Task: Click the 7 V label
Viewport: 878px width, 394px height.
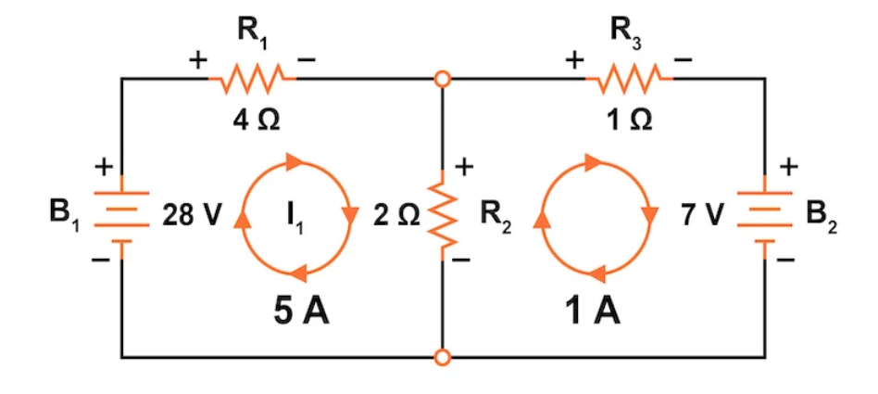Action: coord(702,217)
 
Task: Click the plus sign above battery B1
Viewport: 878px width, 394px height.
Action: coord(105,168)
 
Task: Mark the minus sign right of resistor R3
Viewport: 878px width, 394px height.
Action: coord(683,60)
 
